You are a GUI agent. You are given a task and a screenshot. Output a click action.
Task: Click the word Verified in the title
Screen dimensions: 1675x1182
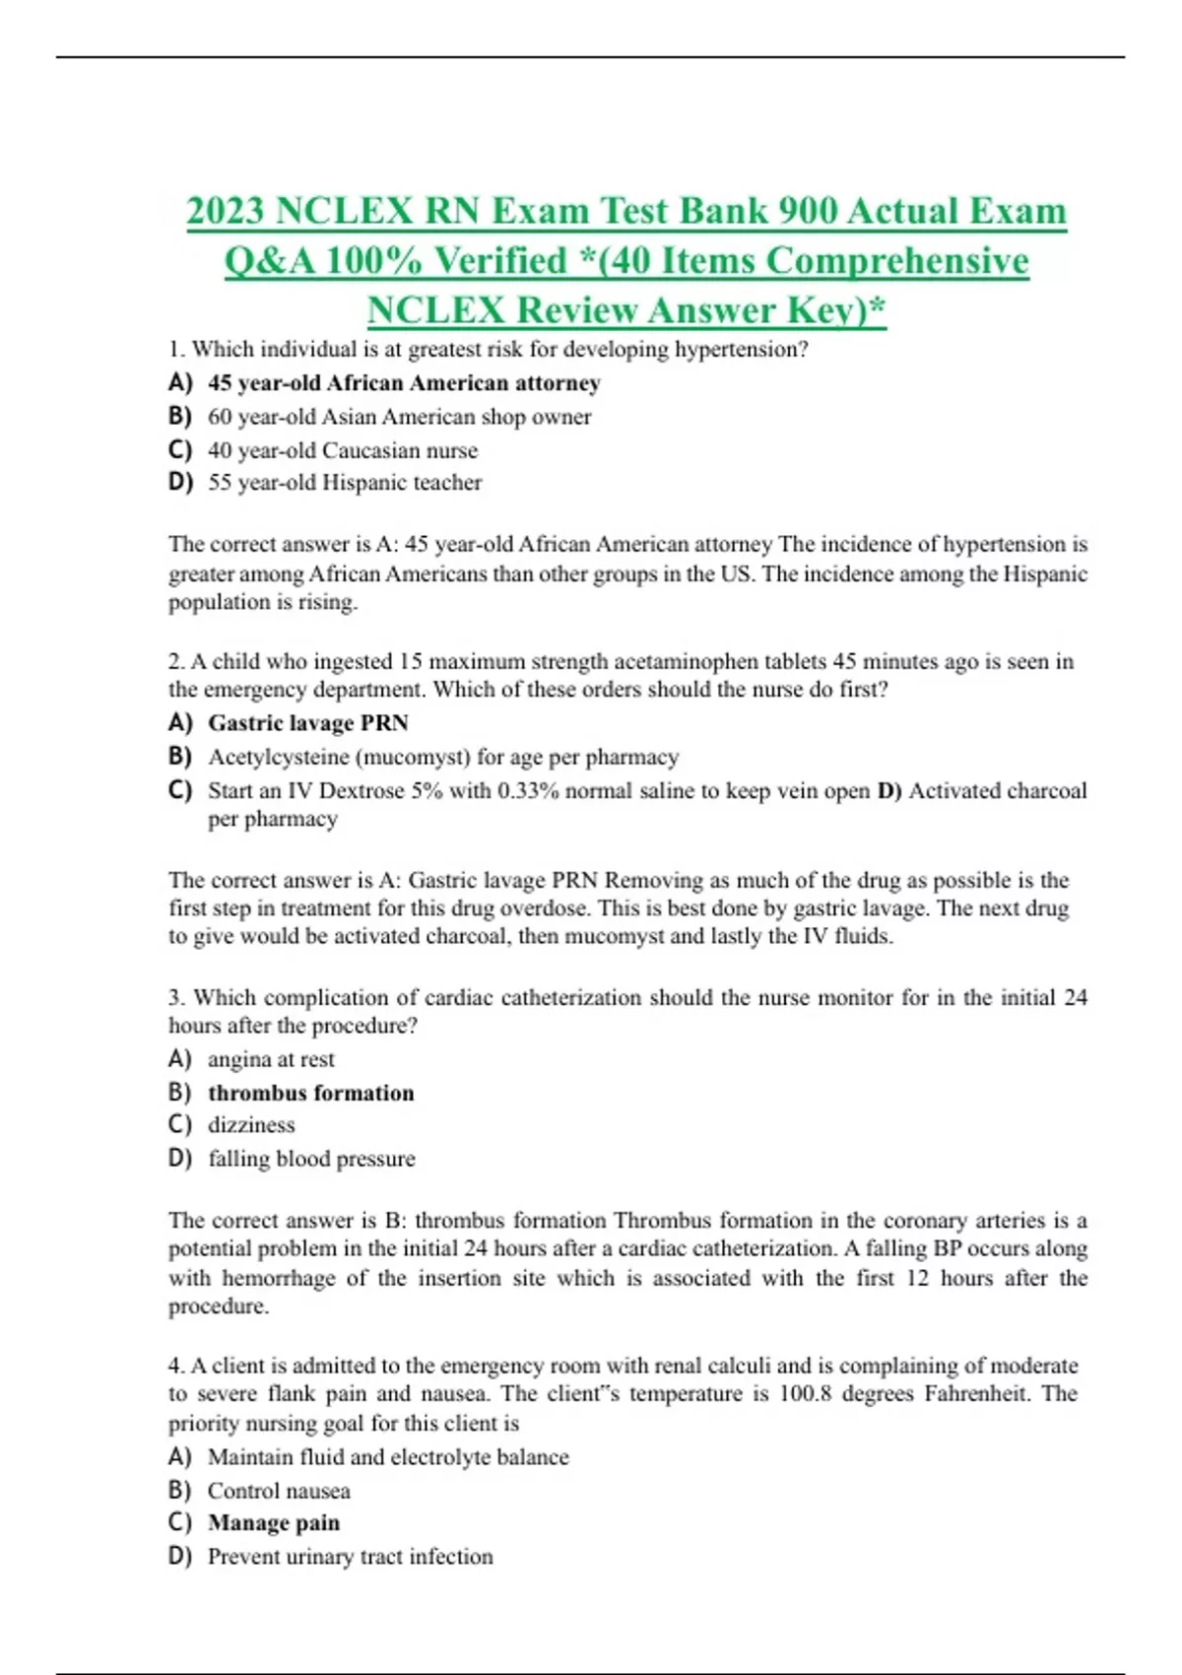point(500,261)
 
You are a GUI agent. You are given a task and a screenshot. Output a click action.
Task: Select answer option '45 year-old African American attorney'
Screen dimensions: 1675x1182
point(403,383)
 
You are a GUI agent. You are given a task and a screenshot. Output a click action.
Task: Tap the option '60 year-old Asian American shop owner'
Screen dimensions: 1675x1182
point(399,417)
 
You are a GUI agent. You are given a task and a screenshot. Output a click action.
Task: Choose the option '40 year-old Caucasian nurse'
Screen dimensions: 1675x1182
point(342,450)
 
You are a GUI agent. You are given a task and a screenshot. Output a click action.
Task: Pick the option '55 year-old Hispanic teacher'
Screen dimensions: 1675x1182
point(345,483)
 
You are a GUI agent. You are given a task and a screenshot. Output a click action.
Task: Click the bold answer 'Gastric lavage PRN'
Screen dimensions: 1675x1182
point(307,723)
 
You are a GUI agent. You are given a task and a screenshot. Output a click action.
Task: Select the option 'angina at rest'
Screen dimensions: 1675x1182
point(271,1059)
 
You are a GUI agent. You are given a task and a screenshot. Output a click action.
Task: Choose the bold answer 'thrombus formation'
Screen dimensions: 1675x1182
point(310,1093)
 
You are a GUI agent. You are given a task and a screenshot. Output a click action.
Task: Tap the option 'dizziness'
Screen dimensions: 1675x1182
point(251,1125)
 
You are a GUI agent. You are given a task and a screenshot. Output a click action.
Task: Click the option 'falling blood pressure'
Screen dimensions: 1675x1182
point(311,1159)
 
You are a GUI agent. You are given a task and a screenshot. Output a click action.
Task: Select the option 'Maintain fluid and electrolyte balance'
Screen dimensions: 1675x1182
point(388,1457)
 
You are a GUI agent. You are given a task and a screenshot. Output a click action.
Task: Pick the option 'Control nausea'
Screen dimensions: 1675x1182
point(279,1491)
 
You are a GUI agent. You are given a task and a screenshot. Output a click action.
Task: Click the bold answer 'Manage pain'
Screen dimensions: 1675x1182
point(274,1523)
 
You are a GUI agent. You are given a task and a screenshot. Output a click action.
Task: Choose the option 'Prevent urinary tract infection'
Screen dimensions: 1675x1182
point(350,1557)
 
